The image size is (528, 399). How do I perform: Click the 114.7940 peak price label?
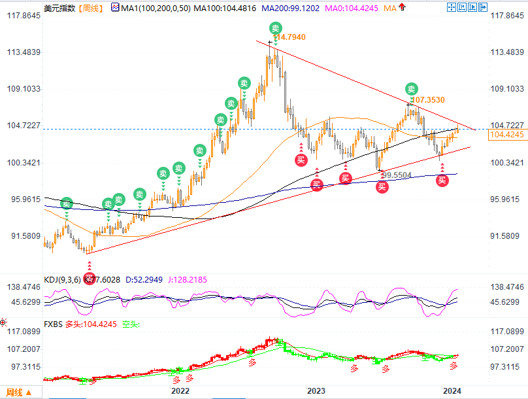click(x=289, y=38)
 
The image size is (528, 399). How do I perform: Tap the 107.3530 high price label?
click(x=429, y=100)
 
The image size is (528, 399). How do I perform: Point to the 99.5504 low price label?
click(x=397, y=175)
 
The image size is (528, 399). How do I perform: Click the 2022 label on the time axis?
click(x=180, y=390)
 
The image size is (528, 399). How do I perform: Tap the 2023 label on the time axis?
click(x=316, y=390)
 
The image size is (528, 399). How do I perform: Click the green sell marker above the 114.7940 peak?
click(x=276, y=28)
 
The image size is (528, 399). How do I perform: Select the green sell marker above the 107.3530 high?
click(x=411, y=88)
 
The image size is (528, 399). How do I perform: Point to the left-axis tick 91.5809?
click(x=21, y=236)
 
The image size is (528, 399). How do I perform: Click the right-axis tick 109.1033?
click(x=506, y=88)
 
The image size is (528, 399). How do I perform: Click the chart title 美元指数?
click(x=58, y=8)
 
